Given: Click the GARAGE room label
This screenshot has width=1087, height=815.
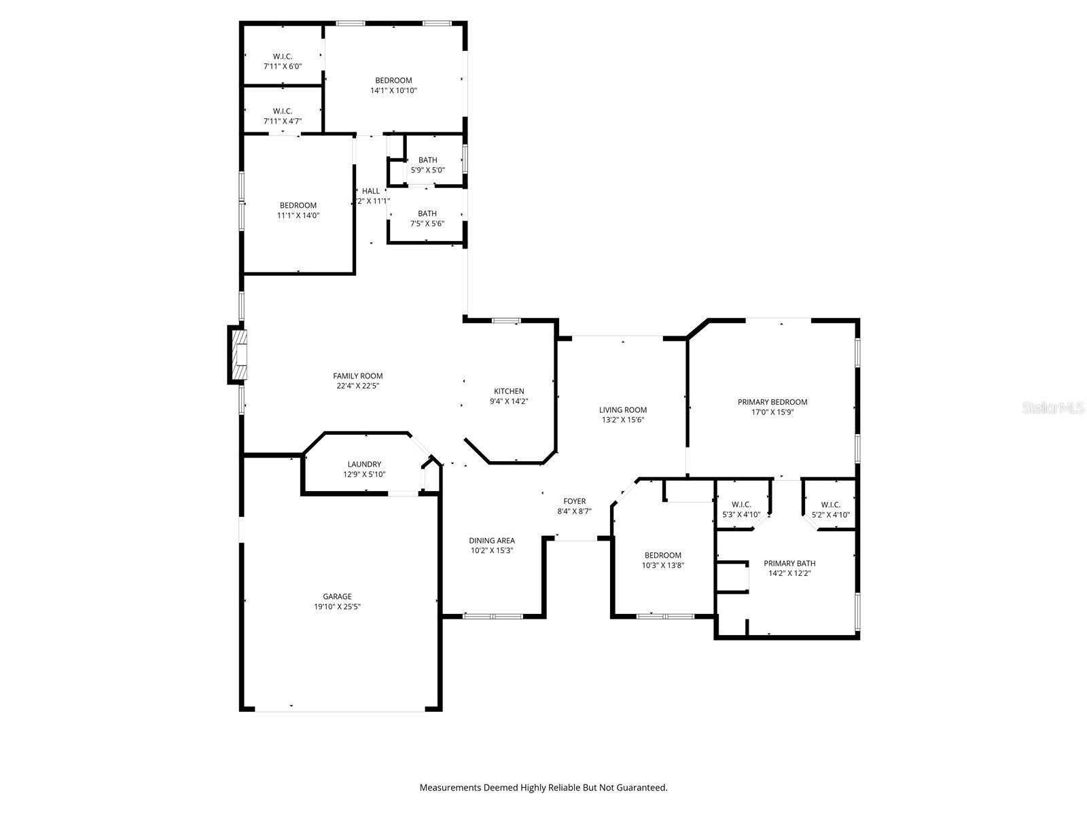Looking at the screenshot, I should [x=337, y=597].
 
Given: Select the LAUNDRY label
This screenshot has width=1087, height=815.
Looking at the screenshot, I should [x=364, y=465].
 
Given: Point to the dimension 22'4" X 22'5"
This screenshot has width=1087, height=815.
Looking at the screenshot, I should [x=357, y=386].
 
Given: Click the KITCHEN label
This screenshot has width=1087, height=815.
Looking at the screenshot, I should [x=509, y=391].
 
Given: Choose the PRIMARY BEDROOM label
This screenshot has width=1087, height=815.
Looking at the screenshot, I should [x=772, y=402].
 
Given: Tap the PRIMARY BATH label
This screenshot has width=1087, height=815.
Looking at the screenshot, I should [x=789, y=563].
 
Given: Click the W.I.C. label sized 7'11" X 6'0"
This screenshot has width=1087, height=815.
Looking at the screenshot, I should [x=283, y=56].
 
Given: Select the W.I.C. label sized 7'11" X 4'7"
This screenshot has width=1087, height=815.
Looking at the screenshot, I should [x=283, y=111].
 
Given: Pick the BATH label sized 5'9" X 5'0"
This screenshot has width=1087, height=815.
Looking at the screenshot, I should [x=427, y=160].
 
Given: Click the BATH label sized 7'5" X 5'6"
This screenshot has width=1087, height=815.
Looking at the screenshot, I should [x=427, y=213].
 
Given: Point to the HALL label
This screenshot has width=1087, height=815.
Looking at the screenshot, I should [x=371, y=191].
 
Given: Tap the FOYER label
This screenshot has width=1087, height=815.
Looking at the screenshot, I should [x=574, y=501].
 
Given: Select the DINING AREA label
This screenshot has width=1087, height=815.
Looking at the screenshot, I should [x=492, y=541].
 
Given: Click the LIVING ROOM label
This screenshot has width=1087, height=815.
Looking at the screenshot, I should [x=622, y=410].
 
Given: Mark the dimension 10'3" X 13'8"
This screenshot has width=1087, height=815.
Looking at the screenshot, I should [x=662, y=565].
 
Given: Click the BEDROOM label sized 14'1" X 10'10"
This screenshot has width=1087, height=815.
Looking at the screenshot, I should [x=393, y=80].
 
